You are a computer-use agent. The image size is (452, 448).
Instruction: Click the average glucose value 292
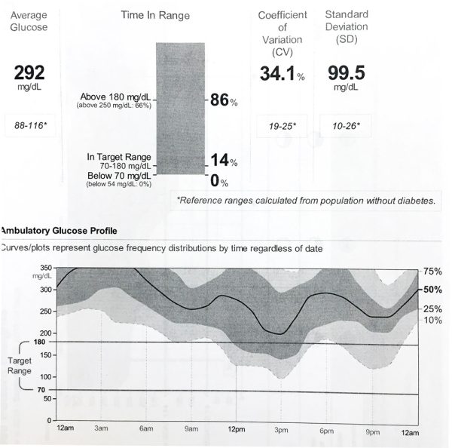tap(30, 72)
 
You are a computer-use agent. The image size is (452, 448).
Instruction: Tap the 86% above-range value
tap(224, 101)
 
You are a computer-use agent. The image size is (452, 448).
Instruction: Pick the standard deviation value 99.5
tap(345, 73)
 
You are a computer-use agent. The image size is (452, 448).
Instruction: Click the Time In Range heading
tap(155, 15)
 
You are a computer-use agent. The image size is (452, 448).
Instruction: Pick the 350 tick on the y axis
tap(45, 268)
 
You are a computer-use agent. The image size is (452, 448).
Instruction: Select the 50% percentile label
tap(433, 289)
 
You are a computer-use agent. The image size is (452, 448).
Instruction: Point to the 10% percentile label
tap(433, 321)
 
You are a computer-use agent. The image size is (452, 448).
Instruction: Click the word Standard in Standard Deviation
tap(345, 15)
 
